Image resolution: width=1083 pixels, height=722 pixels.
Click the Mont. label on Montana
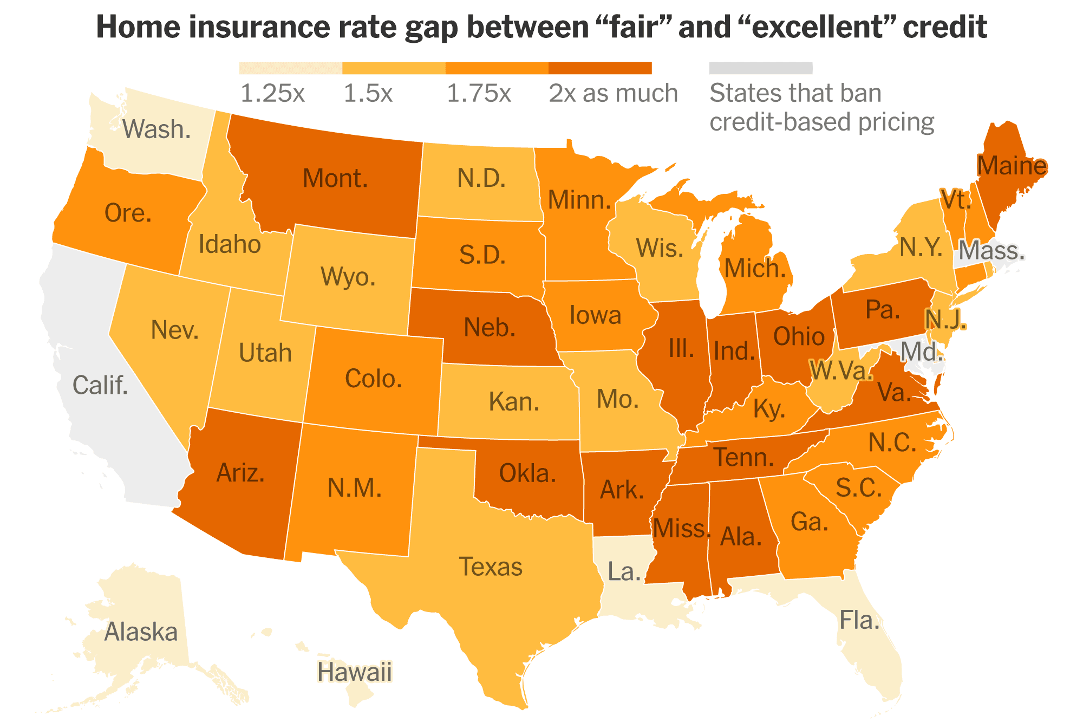(335, 179)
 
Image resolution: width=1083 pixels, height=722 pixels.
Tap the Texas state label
(491, 567)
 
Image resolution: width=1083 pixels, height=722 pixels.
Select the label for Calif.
(100, 386)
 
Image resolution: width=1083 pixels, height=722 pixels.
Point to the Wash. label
(156, 129)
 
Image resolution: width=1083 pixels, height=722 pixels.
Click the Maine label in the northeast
(1012, 166)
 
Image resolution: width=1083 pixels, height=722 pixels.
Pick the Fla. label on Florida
(859, 620)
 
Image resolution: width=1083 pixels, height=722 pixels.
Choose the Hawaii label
(355, 672)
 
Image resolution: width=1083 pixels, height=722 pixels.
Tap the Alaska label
(141, 632)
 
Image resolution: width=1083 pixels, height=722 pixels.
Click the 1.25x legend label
(272, 94)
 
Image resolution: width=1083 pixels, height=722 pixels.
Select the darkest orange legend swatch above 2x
(599, 68)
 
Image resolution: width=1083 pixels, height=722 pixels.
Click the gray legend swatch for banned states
(760, 68)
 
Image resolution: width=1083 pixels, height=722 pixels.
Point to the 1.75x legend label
(479, 94)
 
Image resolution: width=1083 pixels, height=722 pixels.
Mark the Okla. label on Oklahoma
(527, 474)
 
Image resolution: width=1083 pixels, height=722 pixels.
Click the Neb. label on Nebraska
(490, 328)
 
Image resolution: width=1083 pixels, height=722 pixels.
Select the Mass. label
(991, 251)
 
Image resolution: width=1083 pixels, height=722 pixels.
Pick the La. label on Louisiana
(624, 572)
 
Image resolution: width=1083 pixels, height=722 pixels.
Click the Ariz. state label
(240, 473)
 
